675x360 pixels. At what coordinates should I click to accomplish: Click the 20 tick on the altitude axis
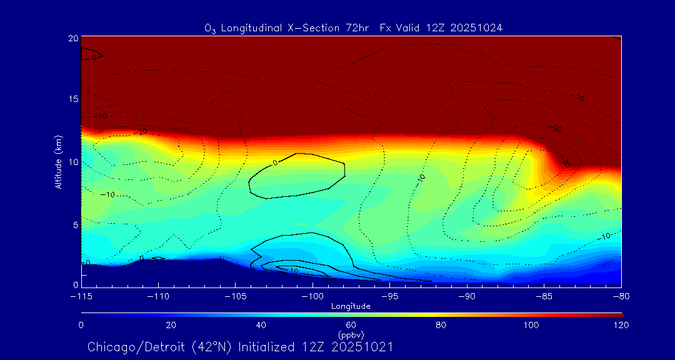[x=73, y=39]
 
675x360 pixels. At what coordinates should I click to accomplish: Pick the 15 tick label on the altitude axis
[x=73, y=99]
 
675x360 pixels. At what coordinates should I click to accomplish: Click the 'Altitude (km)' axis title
[x=58, y=162]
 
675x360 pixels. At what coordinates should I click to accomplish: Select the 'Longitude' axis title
[x=351, y=306]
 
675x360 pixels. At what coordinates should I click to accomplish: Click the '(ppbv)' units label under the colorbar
[x=351, y=334]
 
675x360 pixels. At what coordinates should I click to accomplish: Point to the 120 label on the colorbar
[x=621, y=325]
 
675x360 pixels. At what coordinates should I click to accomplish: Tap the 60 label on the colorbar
[x=351, y=325]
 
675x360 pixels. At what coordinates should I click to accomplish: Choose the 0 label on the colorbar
[x=81, y=325]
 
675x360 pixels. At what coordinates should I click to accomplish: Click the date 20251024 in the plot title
[x=479, y=28]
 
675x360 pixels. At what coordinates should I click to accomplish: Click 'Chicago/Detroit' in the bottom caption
[x=128, y=346]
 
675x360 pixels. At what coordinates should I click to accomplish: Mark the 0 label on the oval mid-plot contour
[x=276, y=163]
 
